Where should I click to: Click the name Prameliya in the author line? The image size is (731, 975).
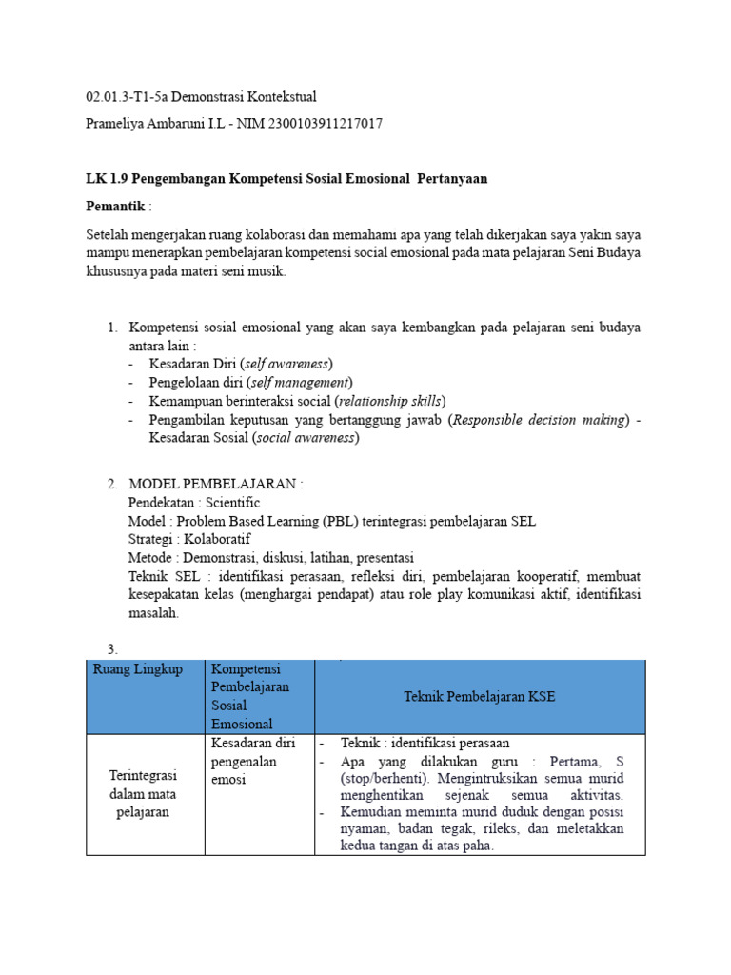[x=118, y=123]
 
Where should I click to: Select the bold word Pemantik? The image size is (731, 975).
[x=115, y=206]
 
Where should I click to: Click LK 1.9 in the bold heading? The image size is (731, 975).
[x=107, y=179]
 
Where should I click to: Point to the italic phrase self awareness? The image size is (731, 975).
[x=287, y=364]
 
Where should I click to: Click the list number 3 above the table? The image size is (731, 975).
[x=111, y=650]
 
